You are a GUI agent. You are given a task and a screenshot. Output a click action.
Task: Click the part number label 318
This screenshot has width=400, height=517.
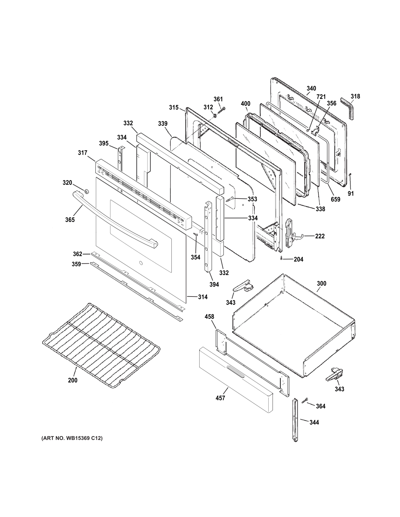tap(355, 97)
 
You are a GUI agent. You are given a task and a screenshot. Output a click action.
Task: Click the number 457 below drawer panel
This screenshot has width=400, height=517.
tap(220, 398)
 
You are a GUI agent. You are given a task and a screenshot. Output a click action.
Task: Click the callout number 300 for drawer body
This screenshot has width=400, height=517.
tap(321, 284)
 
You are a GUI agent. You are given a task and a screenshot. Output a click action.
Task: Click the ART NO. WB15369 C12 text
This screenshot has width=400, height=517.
tap(72, 438)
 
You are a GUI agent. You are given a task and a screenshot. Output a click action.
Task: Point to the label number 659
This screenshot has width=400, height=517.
tap(335, 199)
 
